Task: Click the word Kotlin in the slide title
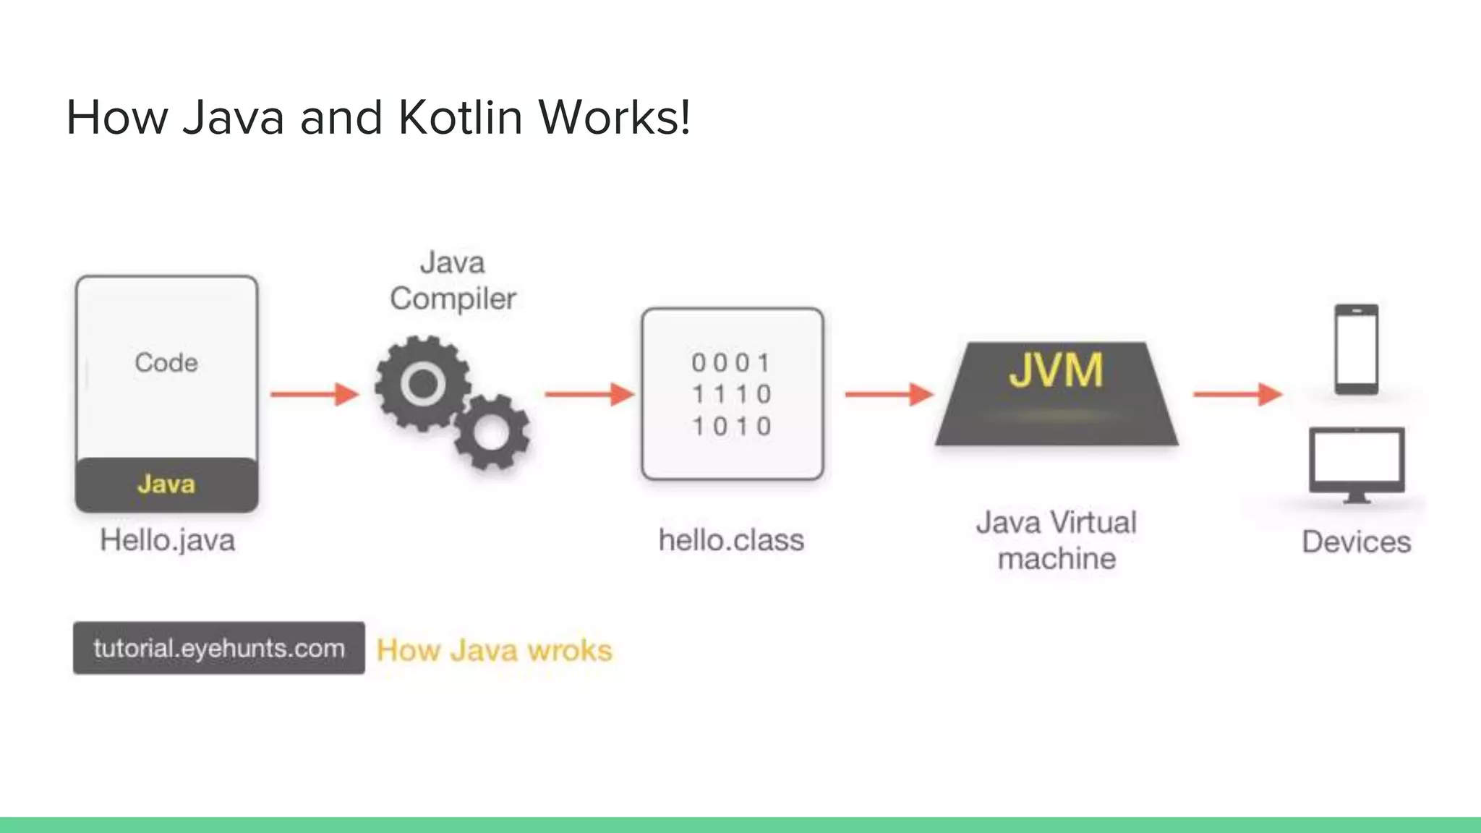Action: (x=460, y=117)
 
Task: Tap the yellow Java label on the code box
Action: (x=166, y=484)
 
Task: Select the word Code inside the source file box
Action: (x=166, y=362)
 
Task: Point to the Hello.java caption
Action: (x=167, y=540)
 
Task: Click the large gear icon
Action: (x=422, y=383)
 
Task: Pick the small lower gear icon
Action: (x=492, y=432)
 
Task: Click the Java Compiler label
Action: (x=453, y=281)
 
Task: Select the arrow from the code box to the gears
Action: (x=315, y=394)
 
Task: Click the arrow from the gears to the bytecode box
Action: (x=589, y=394)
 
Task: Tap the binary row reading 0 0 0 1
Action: (x=732, y=362)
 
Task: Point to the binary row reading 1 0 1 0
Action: (x=732, y=426)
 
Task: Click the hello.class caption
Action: (x=731, y=540)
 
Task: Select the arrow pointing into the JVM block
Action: (x=889, y=394)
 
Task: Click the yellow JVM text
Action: (x=1056, y=370)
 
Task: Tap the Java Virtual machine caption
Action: (x=1057, y=540)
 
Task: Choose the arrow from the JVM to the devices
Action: (x=1237, y=394)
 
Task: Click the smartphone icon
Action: (x=1357, y=349)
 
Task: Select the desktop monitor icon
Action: (x=1357, y=463)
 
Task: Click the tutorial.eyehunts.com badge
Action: (x=218, y=648)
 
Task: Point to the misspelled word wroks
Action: (x=570, y=650)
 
